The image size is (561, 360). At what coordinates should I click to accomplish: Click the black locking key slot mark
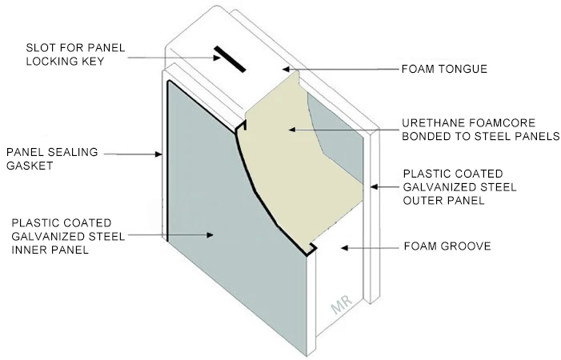[228, 59]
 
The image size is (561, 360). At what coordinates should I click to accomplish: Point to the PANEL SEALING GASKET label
[43, 158]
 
